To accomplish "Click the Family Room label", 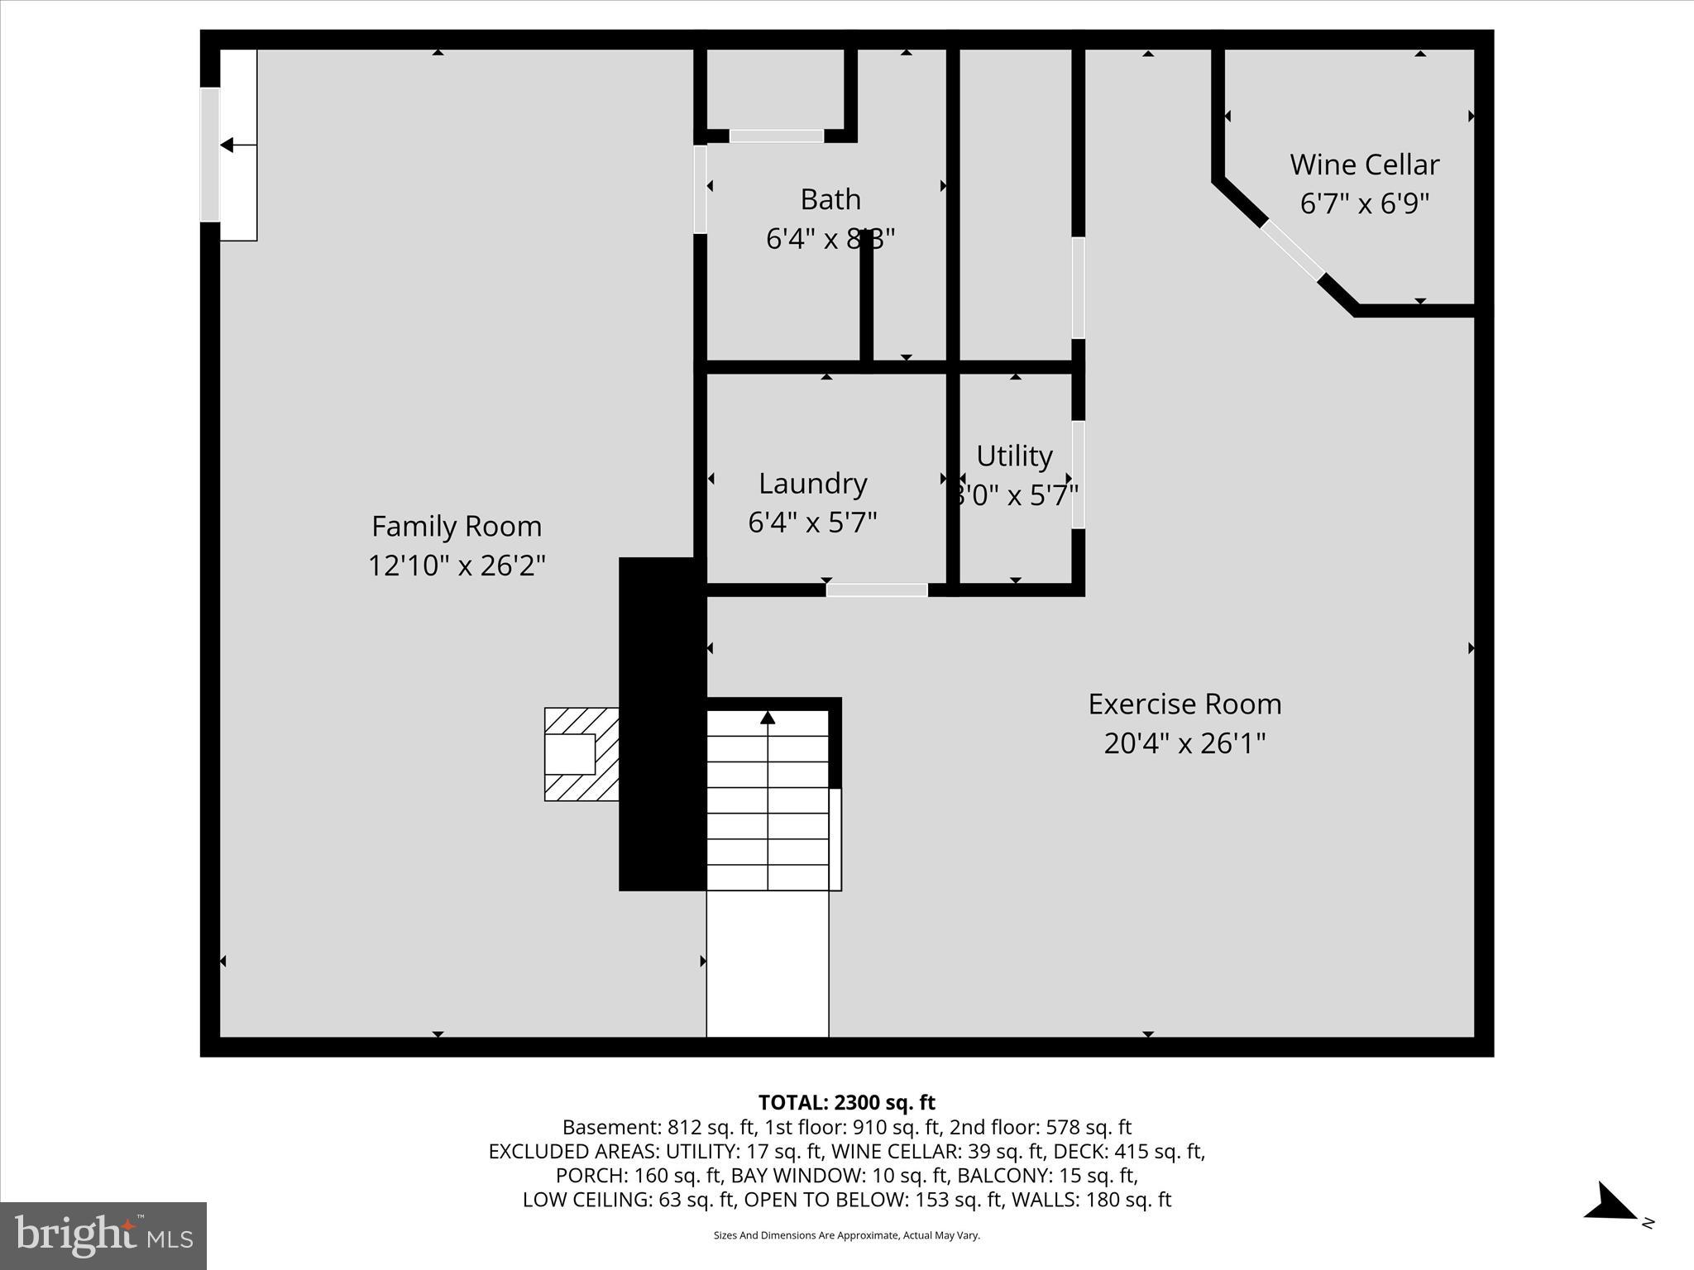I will click(x=456, y=526).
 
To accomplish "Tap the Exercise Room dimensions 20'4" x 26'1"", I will click(x=1184, y=743).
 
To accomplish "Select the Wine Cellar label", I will click(x=1364, y=165).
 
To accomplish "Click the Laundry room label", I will click(x=812, y=484).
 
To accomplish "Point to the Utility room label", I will click(x=1014, y=456).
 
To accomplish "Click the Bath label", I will click(x=830, y=199).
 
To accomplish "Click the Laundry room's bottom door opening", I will click(x=877, y=590).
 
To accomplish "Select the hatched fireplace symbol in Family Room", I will click(x=581, y=754).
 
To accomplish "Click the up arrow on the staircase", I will click(x=768, y=718).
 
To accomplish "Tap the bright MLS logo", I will click(x=103, y=1236).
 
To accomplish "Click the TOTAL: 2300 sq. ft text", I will click(x=846, y=1102).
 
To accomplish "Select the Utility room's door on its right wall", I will click(x=1078, y=475).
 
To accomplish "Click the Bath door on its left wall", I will click(x=700, y=189).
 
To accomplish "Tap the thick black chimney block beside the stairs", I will click(x=662, y=723).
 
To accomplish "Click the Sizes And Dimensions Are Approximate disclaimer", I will click(x=846, y=1235).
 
